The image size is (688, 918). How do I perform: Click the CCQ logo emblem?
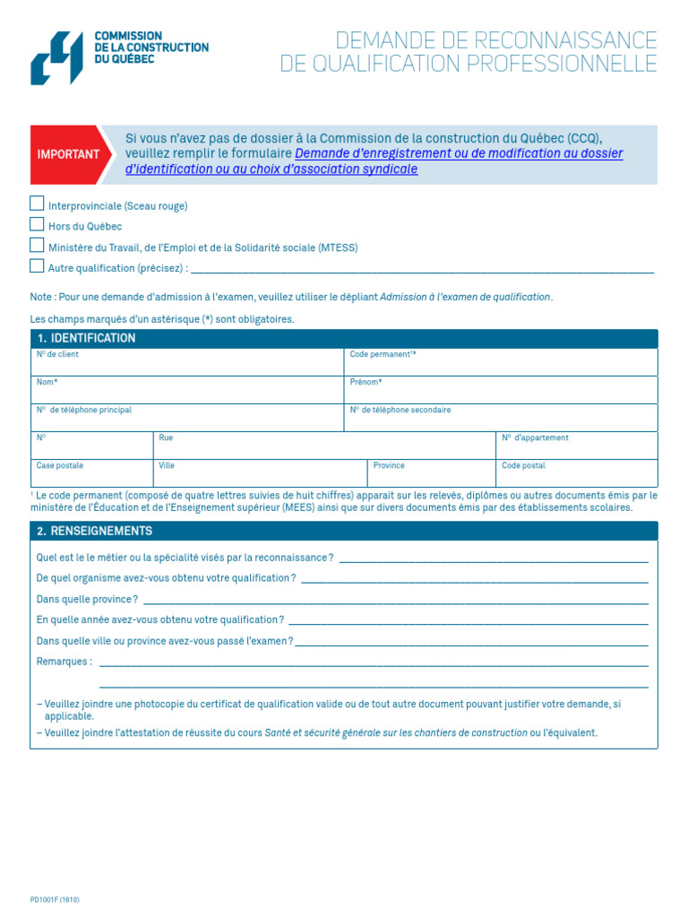tap(56, 57)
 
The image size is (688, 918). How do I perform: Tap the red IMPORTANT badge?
tap(69, 154)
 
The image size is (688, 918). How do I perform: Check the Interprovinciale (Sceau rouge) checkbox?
tap(37, 204)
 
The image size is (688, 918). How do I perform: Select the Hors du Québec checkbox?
tap(37, 224)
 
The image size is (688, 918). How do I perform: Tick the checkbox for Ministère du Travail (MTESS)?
tap(37, 245)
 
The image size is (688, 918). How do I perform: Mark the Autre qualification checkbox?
tap(37, 265)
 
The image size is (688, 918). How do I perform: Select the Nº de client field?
tap(186, 362)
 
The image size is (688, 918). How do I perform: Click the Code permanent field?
tap(500, 362)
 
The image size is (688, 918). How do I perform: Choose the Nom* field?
tap(186, 390)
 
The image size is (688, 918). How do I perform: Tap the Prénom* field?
tap(500, 390)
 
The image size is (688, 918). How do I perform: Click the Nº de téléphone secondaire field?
tap(500, 418)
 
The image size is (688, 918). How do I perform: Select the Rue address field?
tap(323, 446)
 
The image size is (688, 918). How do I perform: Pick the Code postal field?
tap(576, 473)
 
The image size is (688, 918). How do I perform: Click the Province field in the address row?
tap(431, 473)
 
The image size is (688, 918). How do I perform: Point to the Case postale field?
tap(91, 473)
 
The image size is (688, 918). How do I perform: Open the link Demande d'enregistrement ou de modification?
tap(458, 153)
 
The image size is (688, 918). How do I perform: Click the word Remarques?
tap(64, 662)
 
